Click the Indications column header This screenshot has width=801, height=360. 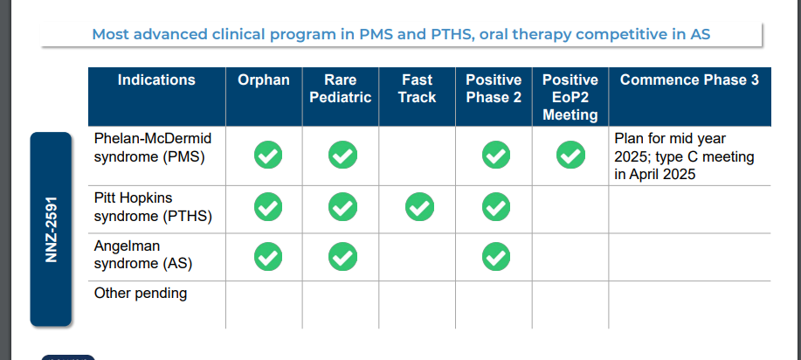tap(156, 80)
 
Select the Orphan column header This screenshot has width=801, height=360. tap(264, 80)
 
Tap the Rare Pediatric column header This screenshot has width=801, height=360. tap(341, 88)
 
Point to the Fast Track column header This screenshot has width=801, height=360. tap(417, 88)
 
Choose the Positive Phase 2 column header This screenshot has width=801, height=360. tap(494, 88)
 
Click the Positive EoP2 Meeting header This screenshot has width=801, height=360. tap(570, 97)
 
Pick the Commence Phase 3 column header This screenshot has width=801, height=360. tap(689, 80)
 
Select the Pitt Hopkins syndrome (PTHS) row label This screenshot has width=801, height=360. tap(153, 206)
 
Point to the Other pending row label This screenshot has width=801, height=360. tap(141, 294)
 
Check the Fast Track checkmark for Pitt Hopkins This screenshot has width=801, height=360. tap(419, 208)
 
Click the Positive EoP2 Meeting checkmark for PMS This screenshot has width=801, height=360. tap(570, 156)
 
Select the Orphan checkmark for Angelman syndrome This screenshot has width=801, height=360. tap(267, 257)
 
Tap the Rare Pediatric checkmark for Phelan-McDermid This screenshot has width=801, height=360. tap(342, 156)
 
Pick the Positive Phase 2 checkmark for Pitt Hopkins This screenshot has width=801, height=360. tap(496, 208)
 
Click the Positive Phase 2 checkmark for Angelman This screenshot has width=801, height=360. tap(496, 257)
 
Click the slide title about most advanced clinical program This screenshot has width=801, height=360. tap(401, 35)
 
